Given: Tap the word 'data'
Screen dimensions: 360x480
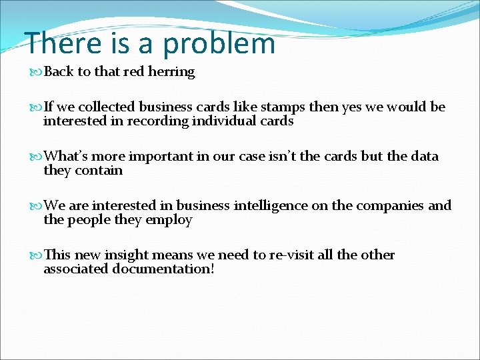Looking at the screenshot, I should (x=425, y=157).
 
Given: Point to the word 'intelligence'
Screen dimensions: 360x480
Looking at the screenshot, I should (x=270, y=206).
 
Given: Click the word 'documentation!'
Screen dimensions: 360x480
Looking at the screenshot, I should (x=163, y=269).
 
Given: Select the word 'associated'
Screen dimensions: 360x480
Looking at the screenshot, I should (x=75, y=269).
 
